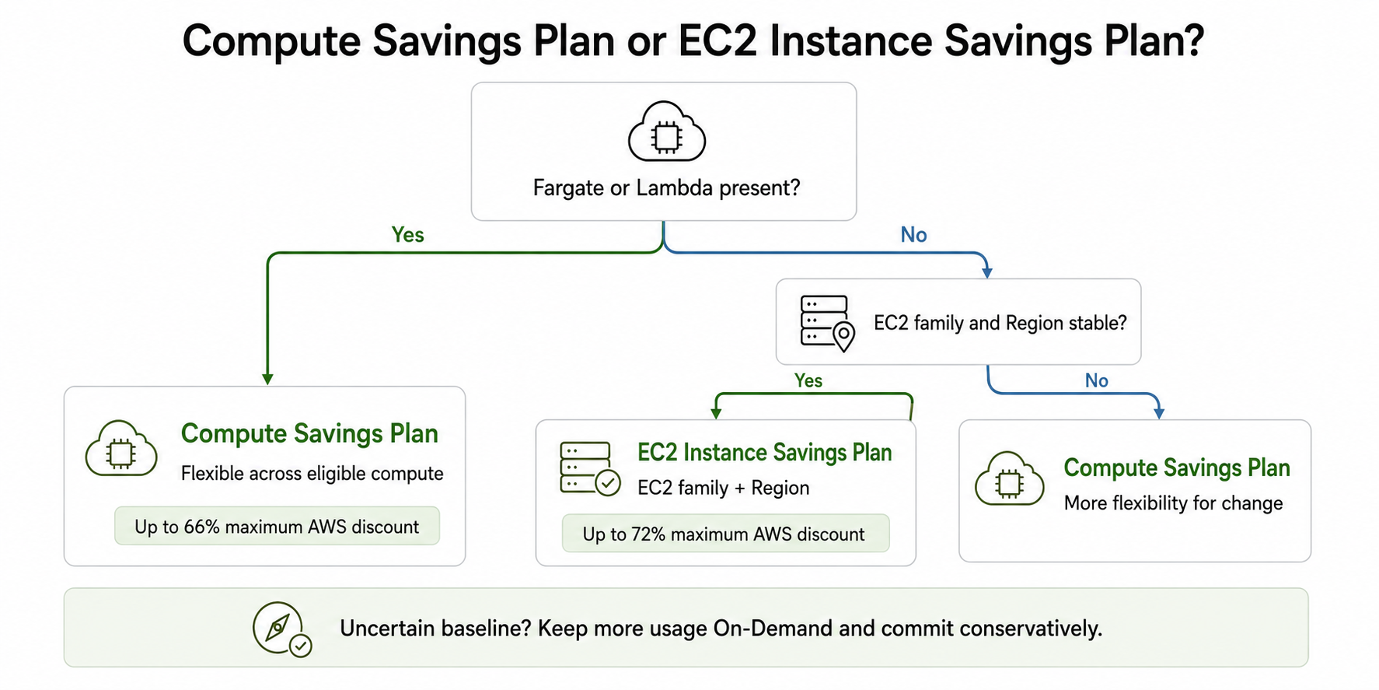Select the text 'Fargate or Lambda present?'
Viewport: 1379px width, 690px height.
point(666,188)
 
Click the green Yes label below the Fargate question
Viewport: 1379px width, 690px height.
point(407,235)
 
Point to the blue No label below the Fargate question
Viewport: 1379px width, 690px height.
point(913,235)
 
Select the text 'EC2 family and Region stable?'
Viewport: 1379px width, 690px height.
point(1000,323)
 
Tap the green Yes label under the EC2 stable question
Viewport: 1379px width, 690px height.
point(808,380)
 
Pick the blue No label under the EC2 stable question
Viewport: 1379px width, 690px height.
point(1096,380)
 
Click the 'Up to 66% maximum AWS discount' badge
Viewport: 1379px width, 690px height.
point(277,527)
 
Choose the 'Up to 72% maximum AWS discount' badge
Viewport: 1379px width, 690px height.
point(724,534)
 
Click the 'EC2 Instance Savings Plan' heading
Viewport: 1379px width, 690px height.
point(764,453)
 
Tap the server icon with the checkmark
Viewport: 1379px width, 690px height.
point(590,468)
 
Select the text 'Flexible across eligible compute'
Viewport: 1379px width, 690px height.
point(312,474)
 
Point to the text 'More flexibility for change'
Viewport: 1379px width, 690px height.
point(1173,503)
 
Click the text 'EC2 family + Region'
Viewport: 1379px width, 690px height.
point(723,488)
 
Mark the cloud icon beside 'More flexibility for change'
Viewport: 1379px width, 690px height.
point(1009,479)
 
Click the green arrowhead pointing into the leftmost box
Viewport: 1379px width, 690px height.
point(267,379)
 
